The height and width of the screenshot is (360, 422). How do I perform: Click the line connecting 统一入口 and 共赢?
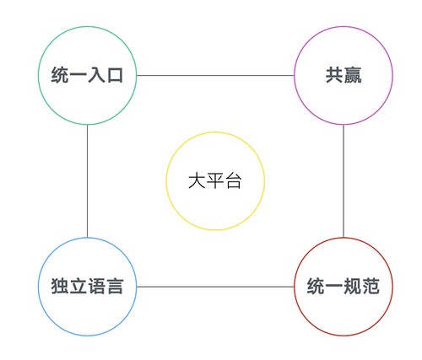click(x=215, y=75)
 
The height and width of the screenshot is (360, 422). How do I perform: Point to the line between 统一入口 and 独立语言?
click(x=87, y=181)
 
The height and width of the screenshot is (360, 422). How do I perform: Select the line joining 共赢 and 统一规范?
click(x=344, y=181)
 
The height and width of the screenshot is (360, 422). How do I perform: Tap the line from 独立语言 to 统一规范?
click(x=215, y=287)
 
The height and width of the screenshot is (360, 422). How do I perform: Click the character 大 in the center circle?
click(x=197, y=180)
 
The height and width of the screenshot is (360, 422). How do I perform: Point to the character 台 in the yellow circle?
click(x=234, y=180)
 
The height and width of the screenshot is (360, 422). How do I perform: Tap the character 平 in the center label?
click(x=215, y=180)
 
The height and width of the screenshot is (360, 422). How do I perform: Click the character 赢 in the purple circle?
click(x=353, y=75)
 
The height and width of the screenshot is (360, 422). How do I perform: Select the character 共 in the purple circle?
click(x=334, y=75)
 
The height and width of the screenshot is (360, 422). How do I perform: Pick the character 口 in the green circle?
click(x=116, y=75)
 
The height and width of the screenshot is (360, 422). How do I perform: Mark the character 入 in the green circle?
click(x=97, y=75)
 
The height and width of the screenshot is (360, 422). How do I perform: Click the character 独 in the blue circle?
click(x=60, y=287)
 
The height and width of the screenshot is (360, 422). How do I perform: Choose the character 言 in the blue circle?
click(x=115, y=287)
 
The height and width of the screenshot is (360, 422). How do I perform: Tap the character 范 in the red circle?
click(x=371, y=287)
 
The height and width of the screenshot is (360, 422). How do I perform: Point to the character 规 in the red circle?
click(x=353, y=287)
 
